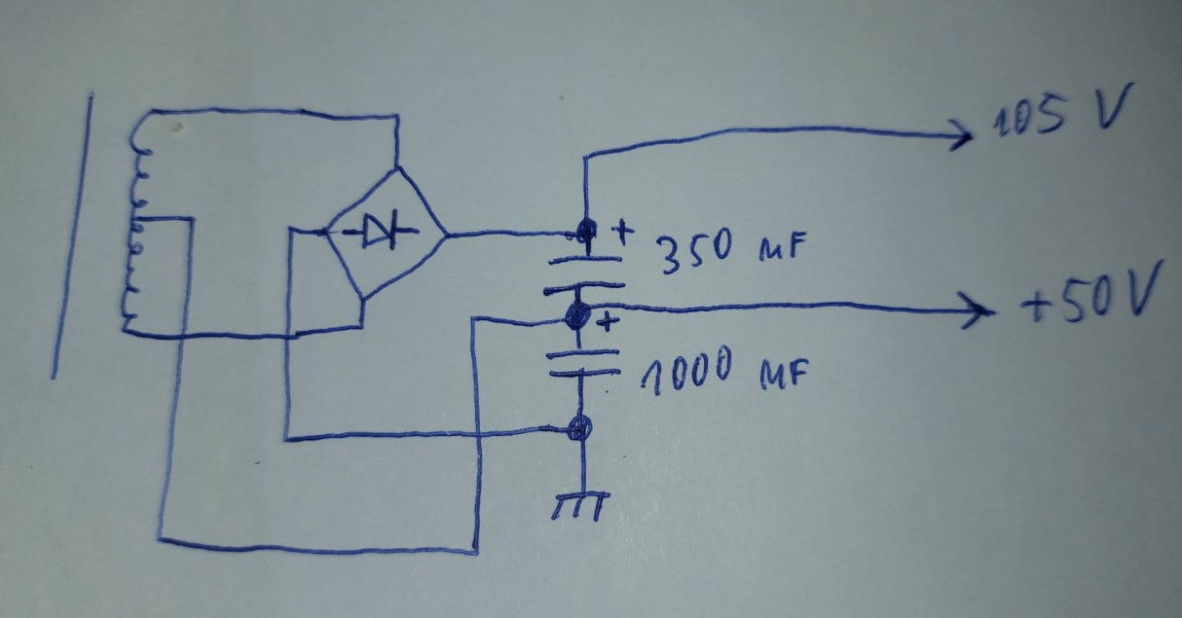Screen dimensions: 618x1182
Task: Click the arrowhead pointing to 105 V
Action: [962, 135]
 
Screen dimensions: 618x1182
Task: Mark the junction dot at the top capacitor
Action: [586, 232]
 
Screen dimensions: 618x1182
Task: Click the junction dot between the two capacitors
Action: [578, 313]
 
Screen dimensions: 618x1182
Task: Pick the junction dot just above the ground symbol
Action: [579, 427]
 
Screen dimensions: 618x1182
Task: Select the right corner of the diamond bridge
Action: [446, 235]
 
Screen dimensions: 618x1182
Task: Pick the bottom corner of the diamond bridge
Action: [363, 299]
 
